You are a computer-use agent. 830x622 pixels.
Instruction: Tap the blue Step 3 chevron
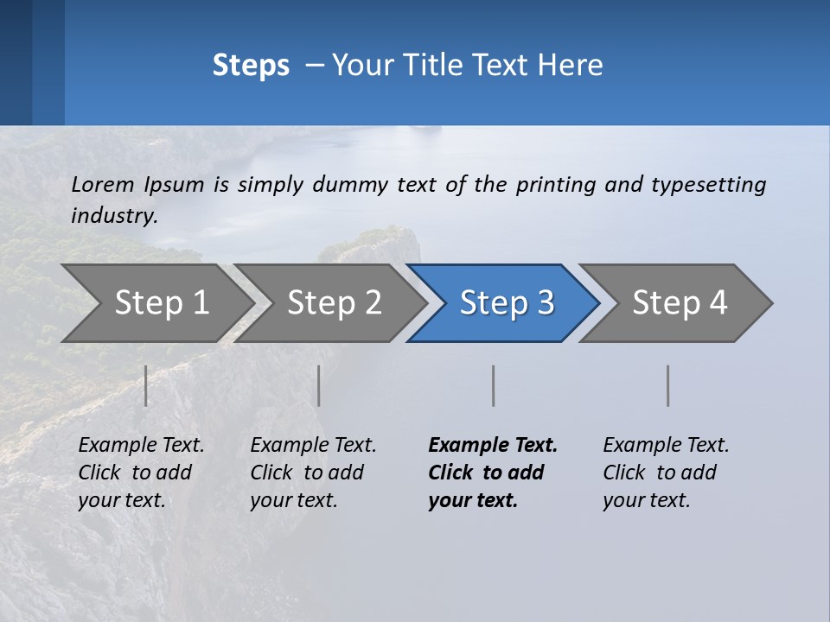[507, 302]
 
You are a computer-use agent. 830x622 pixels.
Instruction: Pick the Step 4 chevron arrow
[680, 302]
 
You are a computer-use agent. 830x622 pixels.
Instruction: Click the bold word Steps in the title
[251, 65]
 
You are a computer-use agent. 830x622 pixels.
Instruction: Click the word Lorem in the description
[102, 184]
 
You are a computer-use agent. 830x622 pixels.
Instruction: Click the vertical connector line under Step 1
[146, 385]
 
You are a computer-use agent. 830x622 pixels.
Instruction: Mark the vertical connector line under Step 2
[319, 385]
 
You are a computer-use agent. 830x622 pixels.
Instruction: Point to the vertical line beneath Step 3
[494, 385]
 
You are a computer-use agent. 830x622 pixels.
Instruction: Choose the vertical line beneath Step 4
[668, 385]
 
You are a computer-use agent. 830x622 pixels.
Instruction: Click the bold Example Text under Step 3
[493, 473]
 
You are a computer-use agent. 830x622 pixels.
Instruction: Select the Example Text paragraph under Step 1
[141, 473]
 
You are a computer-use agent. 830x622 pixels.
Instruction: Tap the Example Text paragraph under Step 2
[313, 473]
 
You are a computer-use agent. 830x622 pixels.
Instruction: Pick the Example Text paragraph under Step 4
[666, 473]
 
